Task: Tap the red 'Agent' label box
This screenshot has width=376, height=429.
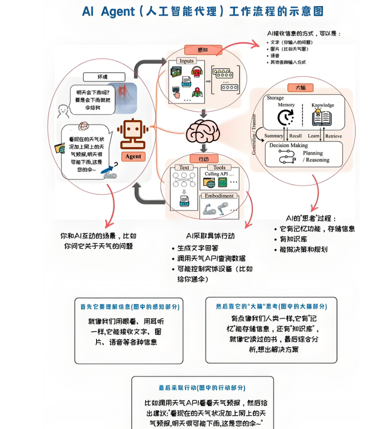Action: click(133, 156)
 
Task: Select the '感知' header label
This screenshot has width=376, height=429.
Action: click(203, 49)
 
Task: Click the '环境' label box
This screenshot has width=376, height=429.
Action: click(104, 77)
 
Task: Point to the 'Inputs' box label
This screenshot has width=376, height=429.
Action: click(187, 61)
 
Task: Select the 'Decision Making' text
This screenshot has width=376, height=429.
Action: click(288, 145)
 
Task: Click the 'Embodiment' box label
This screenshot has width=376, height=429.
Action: click(219, 196)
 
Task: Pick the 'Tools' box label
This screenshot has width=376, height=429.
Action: click(219, 167)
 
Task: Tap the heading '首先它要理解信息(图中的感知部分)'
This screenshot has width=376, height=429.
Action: click(130, 306)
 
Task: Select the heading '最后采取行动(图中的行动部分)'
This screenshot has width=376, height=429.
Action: click(202, 388)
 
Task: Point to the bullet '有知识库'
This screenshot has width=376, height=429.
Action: click(296, 239)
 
